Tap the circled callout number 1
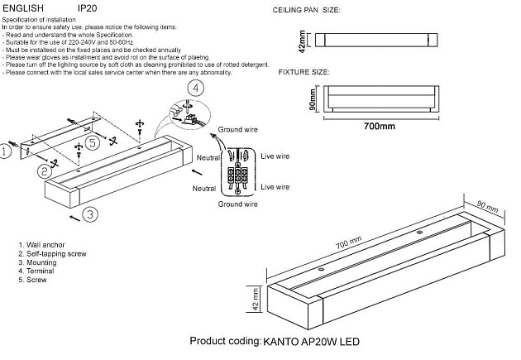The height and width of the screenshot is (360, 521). [x=7, y=151]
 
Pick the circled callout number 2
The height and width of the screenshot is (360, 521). [x=44, y=171]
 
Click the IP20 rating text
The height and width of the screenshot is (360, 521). [x=87, y=7]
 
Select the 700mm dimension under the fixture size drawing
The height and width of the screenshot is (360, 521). [x=380, y=126]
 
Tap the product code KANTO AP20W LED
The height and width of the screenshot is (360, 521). [x=311, y=341]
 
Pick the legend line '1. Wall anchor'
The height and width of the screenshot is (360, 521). [x=42, y=246]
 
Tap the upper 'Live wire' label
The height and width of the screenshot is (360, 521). [x=275, y=154]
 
